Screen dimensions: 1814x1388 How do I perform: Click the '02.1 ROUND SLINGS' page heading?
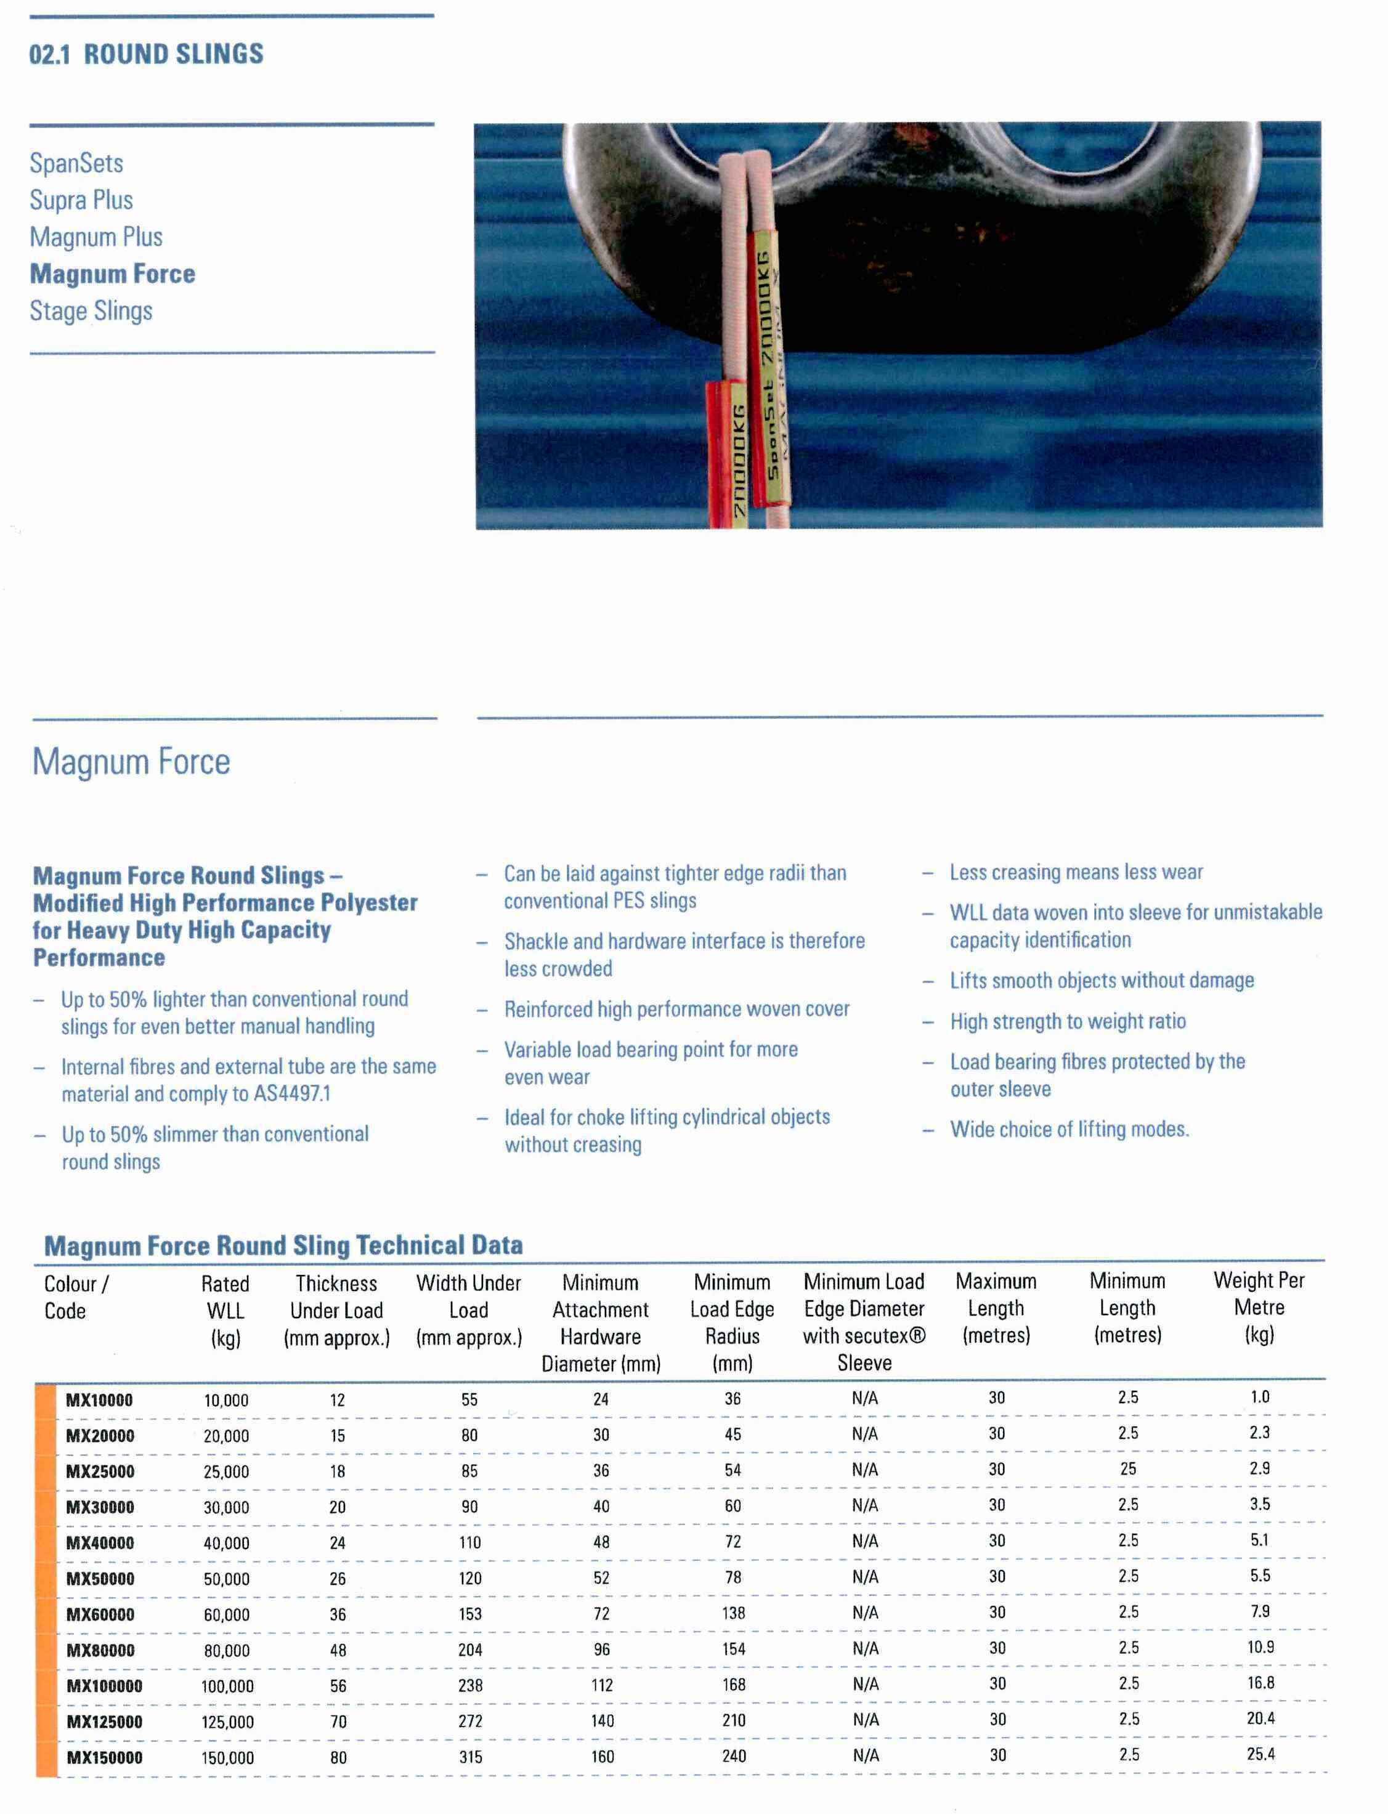(x=146, y=55)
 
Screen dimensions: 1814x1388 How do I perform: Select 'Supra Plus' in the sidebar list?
(x=81, y=200)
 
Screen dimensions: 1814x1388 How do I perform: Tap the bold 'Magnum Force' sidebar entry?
(x=112, y=273)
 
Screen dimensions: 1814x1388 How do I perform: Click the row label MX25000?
(x=99, y=1471)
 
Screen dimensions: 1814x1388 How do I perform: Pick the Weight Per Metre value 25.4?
(x=1260, y=1754)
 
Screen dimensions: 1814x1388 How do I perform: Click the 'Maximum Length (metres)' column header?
(x=996, y=1308)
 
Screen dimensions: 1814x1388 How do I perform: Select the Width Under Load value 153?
(x=470, y=1613)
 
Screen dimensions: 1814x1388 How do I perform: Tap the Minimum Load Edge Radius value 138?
(x=733, y=1613)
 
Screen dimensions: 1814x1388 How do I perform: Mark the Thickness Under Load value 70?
(x=338, y=1722)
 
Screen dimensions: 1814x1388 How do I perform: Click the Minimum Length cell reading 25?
(x=1128, y=1468)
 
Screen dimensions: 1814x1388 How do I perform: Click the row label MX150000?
(x=104, y=1758)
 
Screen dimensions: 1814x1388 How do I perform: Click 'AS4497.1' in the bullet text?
(x=291, y=1094)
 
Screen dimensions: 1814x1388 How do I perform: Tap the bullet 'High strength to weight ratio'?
(x=1068, y=1022)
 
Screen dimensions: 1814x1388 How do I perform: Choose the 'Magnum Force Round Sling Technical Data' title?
(x=283, y=1245)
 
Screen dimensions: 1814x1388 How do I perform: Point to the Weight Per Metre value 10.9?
(x=1260, y=1647)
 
